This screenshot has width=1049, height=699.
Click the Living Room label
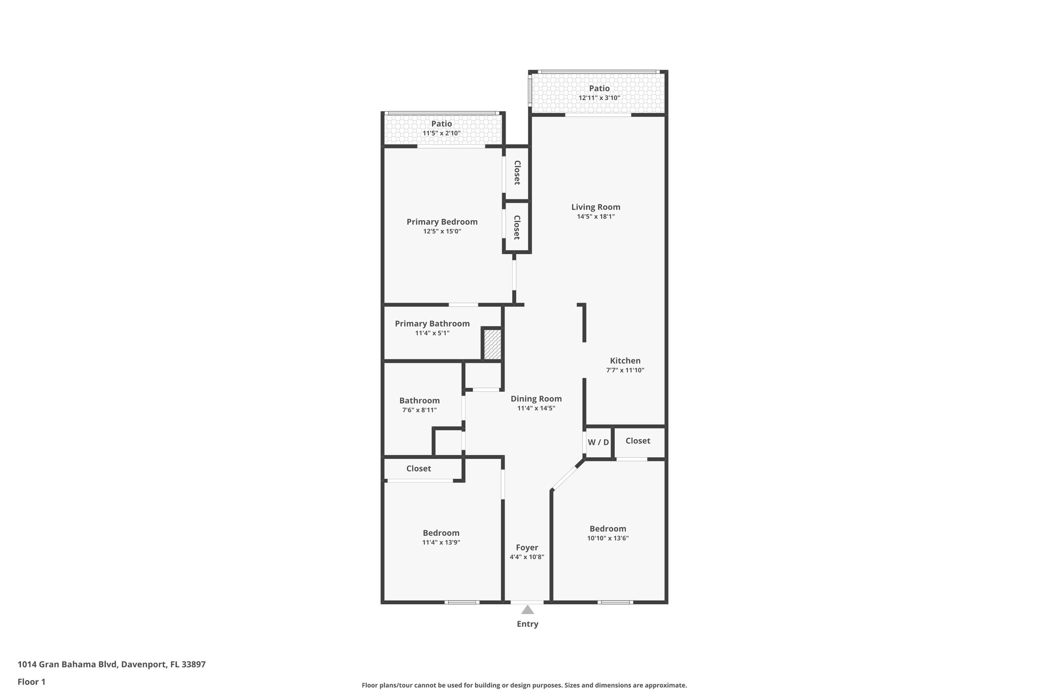[596, 207]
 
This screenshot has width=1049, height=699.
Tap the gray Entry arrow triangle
[527, 609]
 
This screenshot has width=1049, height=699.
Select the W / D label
[598, 442]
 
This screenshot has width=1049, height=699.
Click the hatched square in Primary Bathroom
[492, 344]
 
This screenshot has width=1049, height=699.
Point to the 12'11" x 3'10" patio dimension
[599, 98]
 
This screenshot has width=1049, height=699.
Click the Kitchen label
[625, 361]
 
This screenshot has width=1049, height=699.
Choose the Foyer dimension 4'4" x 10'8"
[527, 557]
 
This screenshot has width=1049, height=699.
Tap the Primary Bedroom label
[442, 222]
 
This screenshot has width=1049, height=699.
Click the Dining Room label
[536, 398]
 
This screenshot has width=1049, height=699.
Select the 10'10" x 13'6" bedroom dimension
[607, 538]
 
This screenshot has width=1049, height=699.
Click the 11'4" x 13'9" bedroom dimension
[441, 542]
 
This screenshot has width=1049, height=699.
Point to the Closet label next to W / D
[638, 440]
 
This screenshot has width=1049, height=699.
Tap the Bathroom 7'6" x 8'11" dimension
[419, 410]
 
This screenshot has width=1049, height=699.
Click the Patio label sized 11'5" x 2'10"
[442, 123]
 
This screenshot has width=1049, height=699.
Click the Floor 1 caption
[31, 682]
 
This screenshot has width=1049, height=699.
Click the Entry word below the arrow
[527, 624]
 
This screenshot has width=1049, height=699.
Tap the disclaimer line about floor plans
[524, 685]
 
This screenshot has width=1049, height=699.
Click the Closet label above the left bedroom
[418, 468]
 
